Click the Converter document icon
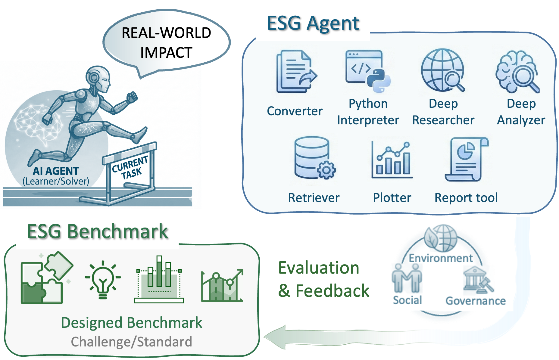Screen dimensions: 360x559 pyautogui.click(x=295, y=71)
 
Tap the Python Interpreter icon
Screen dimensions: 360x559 pyautogui.click(x=368, y=71)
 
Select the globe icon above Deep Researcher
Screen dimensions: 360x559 pyautogui.click(x=443, y=71)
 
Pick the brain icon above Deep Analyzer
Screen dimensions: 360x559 pyautogui.click(x=516, y=71)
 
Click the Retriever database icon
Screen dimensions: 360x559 pyautogui.click(x=313, y=160)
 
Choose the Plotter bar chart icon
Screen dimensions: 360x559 pyautogui.click(x=391, y=160)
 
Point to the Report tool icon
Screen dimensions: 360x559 pyautogui.click(x=468, y=160)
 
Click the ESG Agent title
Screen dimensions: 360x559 pyautogui.click(x=313, y=23)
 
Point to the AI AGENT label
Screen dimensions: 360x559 pyautogui.click(x=56, y=171)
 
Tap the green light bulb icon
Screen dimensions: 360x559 pyautogui.click(x=103, y=280)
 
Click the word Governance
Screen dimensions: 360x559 pyautogui.click(x=476, y=301)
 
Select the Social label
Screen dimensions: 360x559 pyautogui.click(x=407, y=300)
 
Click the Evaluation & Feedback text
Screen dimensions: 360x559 pyautogui.click(x=323, y=279)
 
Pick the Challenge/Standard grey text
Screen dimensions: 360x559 pyautogui.click(x=131, y=342)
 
